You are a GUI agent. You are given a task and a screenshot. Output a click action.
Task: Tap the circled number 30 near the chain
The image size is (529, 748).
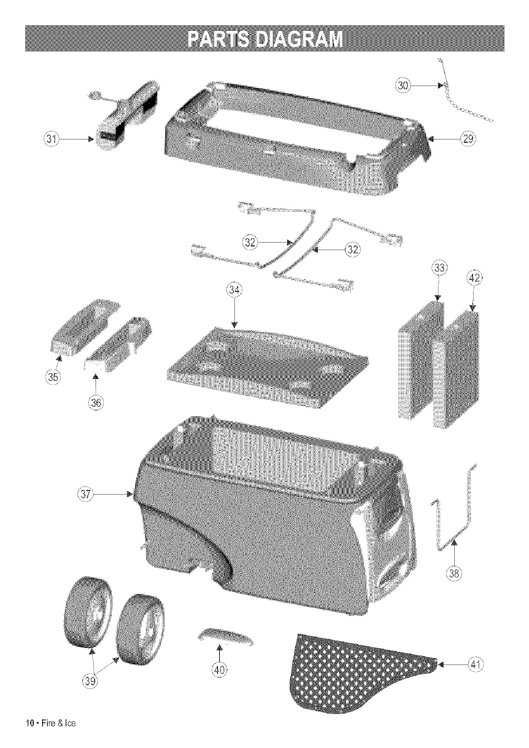[404, 85]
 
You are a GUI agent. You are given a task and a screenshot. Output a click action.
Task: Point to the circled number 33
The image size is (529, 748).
[440, 268]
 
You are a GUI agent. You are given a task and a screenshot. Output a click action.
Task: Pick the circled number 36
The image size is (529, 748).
[96, 400]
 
